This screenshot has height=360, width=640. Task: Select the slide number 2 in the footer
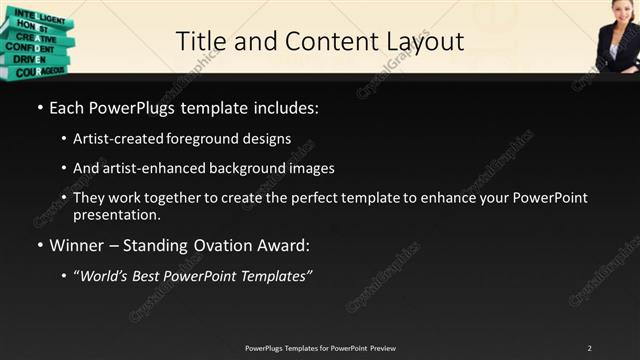[590, 348]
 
